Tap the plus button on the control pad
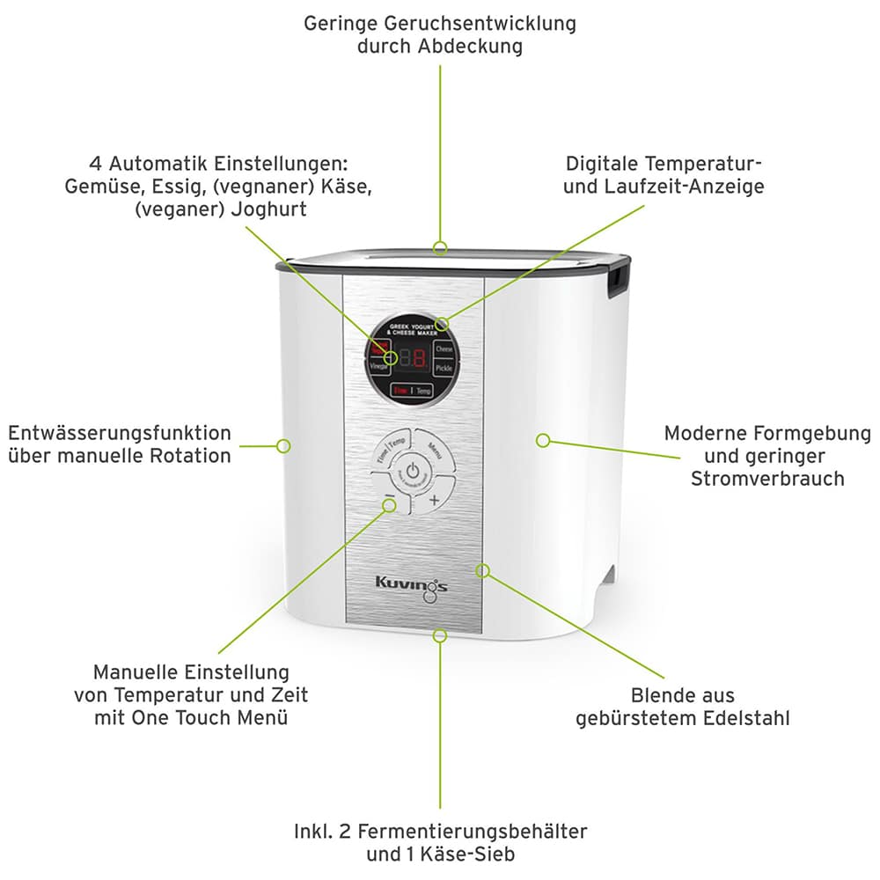[x=434, y=500]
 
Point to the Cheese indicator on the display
[x=444, y=349]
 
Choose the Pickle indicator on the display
[x=444, y=368]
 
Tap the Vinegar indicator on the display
[x=378, y=368]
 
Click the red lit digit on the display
[x=419, y=358]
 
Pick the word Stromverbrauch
[x=767, y=479]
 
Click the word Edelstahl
[x=746, y=718]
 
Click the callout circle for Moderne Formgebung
[x=543, y=439]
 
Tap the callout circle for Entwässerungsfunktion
[x=283, y=446]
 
